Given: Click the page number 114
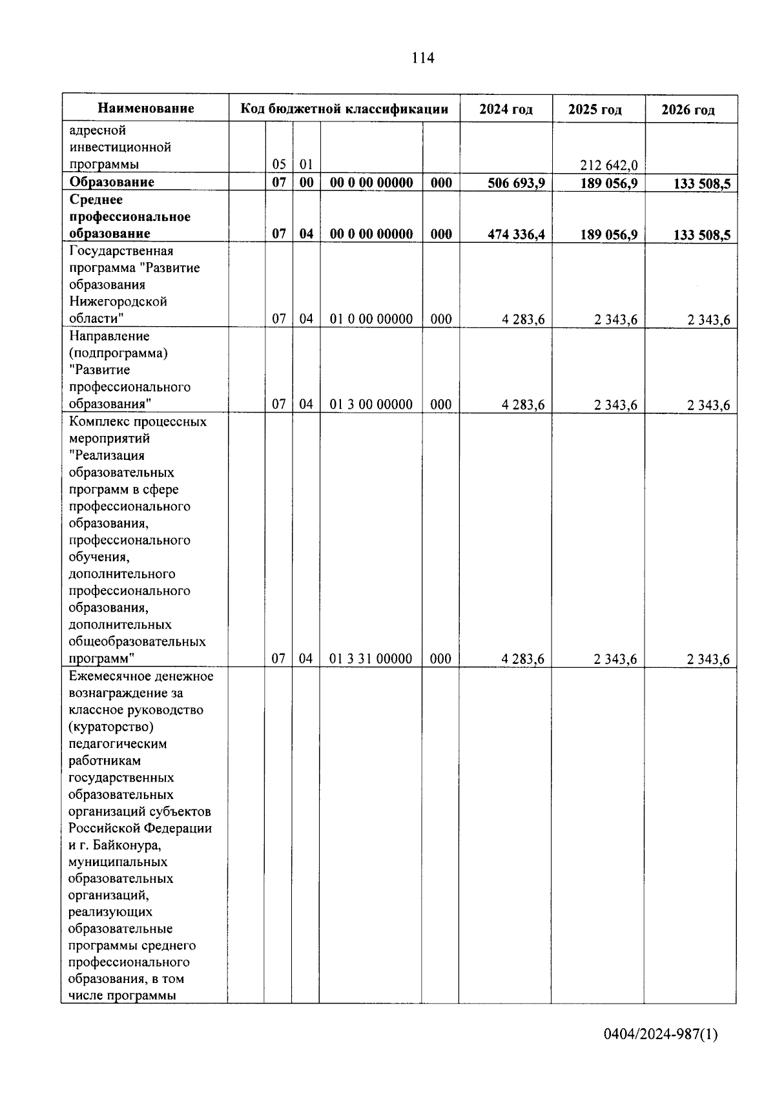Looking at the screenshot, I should (x=423, y=58).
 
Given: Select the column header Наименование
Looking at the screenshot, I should (x=146, y=109).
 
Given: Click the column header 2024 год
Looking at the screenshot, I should (x=506, y=109).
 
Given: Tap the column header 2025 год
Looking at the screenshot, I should (x=595, y=110).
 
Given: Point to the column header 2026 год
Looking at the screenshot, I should (x=688, y=110).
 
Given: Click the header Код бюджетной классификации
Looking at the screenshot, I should (x=344, y=109).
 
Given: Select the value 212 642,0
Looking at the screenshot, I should (x=608, y=166).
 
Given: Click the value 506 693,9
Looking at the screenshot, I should (x=517, y=183).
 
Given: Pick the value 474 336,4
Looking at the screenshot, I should (x=516, y=234).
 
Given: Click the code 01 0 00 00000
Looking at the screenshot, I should (x=371, y=319).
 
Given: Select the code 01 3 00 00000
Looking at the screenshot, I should (x=371, y=405).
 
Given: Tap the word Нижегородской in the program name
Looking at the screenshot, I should (x=118, y=302).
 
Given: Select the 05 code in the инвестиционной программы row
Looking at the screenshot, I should (x=279, y=165).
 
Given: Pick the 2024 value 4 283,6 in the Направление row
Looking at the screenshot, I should (x=522, y=405).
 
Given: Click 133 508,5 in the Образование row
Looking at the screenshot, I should (x=701, y=184).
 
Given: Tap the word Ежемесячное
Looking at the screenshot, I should (x=108, y=676).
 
